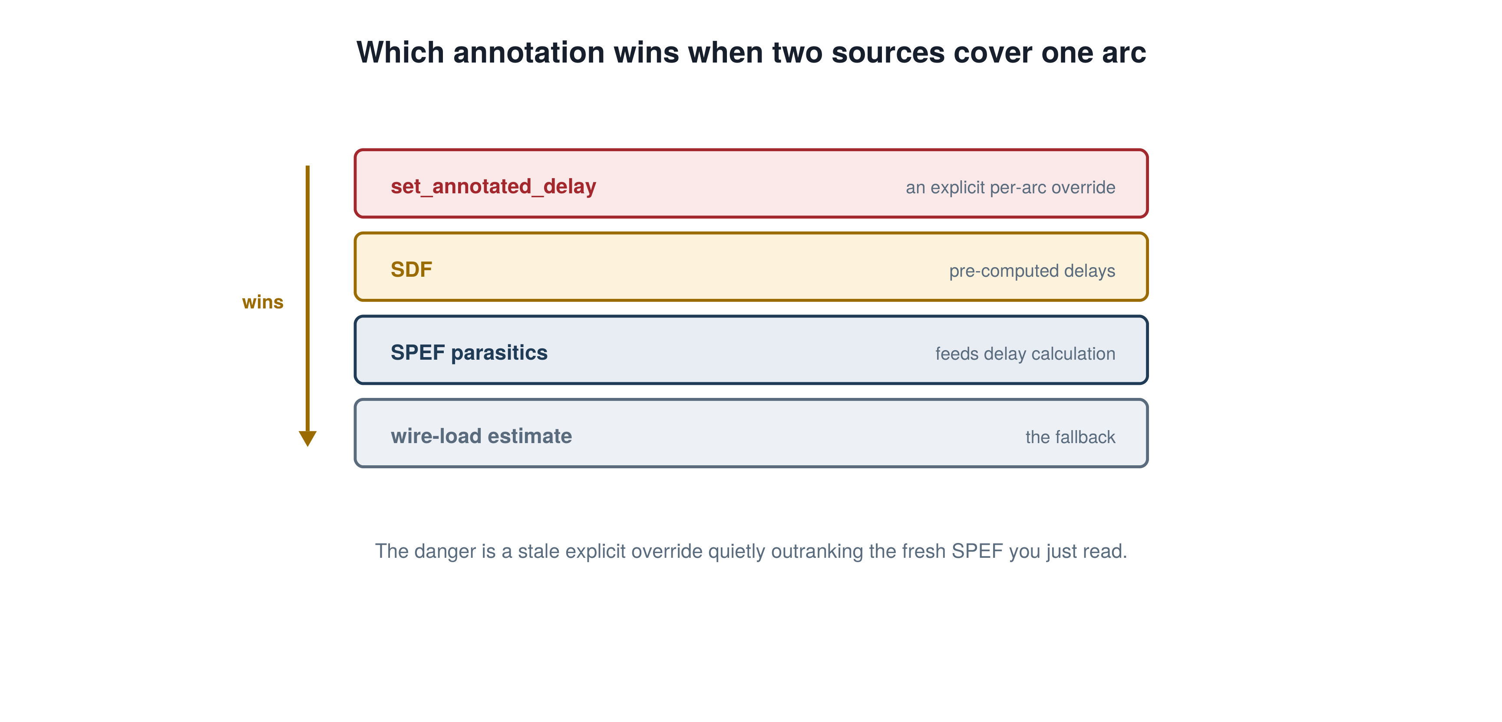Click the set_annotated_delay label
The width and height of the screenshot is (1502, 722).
click(x=493, y=187)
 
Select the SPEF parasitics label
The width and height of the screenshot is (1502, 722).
click(x=469, y=353)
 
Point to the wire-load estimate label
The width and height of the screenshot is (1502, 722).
click(x=481, y=436)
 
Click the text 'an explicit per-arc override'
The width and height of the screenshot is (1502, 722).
click(x=1010, y=187)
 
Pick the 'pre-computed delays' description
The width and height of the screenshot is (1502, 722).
click(x=1032, y=271)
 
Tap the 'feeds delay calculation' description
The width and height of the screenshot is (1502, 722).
click(x=1025, y=354)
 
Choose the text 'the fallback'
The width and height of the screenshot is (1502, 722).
click(x=1070, y=437)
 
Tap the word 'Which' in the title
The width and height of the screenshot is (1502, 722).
click(x=400, y=53)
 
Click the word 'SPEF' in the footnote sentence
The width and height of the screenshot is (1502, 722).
click(x=977, y=551)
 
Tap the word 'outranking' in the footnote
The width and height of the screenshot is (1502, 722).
click(x=817, y=552)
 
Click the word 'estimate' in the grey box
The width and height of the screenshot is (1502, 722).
click(x=530, y=436)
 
